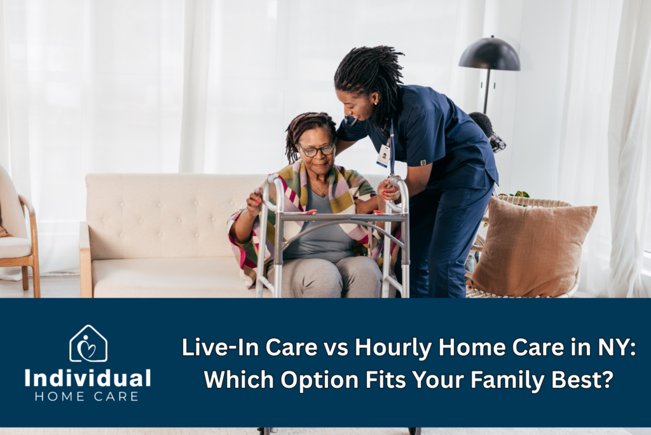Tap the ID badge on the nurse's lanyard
(383, 157)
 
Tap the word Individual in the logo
(88, 378)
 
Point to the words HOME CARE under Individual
(86, 396)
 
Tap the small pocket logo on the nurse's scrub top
(423, 162)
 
